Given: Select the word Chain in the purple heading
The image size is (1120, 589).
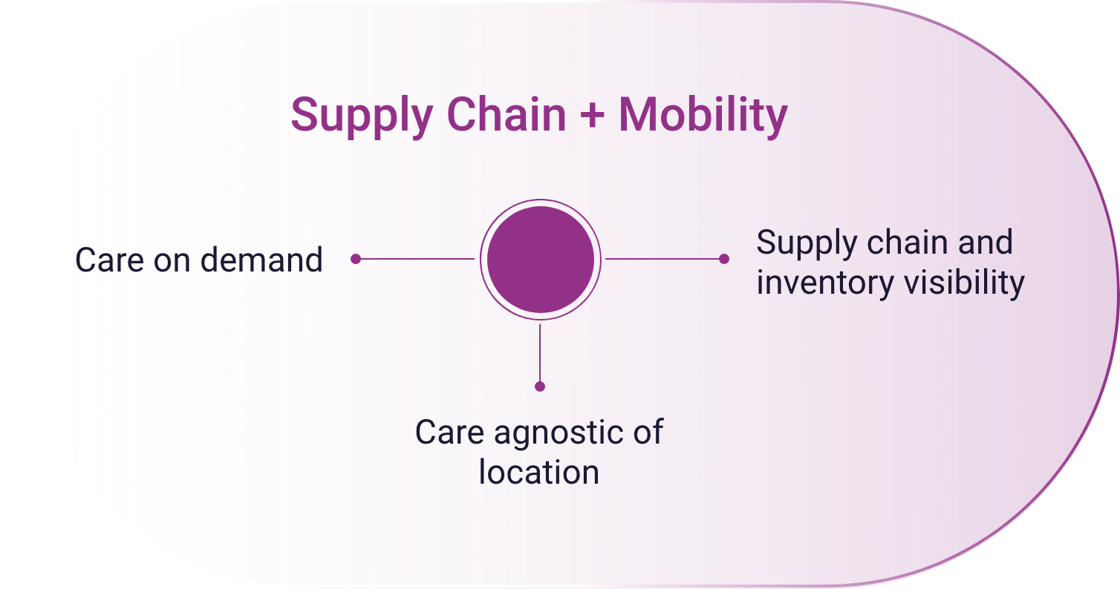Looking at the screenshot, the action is coord(506,114).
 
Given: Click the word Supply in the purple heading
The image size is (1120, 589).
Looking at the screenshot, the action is coord(362,117).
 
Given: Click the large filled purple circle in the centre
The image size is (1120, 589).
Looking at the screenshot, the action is coord(541,260).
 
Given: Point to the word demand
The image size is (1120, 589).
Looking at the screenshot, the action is coord(261,260).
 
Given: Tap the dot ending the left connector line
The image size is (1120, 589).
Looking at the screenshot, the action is coord(356,259).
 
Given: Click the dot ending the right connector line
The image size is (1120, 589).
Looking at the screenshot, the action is coord(724,259).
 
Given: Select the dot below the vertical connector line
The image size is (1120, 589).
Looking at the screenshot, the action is coord(540,386).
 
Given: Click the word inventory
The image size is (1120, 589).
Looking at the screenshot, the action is coord(825,283).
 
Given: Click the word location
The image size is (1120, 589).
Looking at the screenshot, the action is coord(539,472).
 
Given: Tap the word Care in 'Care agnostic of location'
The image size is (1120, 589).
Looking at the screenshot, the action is coord(449,432).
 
